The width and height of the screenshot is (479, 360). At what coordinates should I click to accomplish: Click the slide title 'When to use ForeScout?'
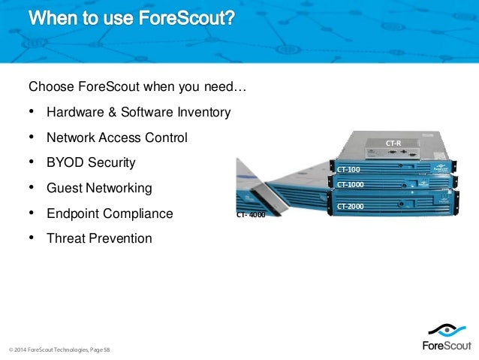(132, 18)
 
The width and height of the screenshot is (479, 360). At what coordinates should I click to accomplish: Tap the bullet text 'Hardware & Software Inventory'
(138, 113)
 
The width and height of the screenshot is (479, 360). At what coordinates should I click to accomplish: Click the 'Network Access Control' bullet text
(116, 138)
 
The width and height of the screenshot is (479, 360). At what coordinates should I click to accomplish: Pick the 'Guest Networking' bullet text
(98, 188)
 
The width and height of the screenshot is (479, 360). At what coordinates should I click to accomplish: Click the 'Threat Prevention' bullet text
(98, 239)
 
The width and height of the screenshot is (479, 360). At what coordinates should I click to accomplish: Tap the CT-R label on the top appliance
(393, 143)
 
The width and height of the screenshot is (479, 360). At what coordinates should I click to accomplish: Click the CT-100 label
(348, 170)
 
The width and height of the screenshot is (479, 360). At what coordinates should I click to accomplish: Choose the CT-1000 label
(350, 184)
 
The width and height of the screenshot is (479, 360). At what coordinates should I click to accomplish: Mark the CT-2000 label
(350, 206)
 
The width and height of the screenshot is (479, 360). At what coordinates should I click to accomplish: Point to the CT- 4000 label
(250, 215)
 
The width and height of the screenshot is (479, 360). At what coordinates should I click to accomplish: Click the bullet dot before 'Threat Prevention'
(32, 238)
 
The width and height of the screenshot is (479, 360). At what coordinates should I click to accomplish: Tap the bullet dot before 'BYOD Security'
(32, 162)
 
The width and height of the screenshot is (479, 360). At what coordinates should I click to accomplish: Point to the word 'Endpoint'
(71, 213)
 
